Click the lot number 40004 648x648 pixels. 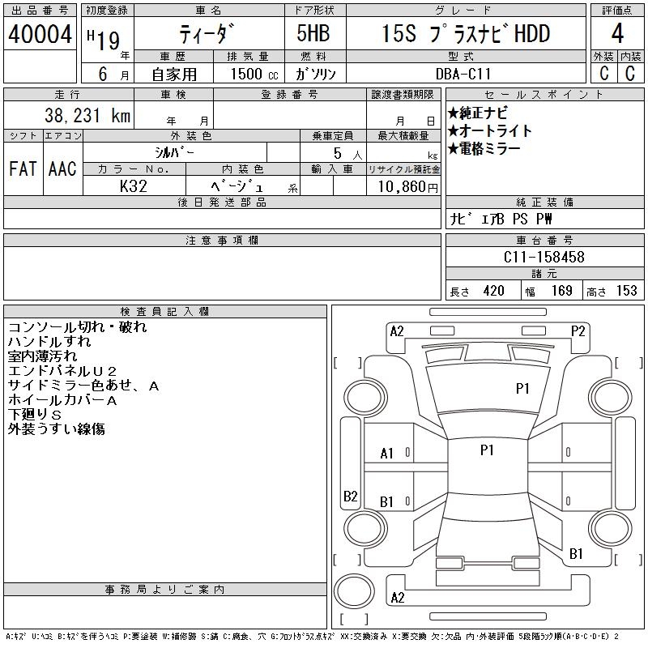click(40, 34)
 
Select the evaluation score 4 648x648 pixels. click(617, 33)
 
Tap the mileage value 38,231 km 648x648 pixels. click(87, 115)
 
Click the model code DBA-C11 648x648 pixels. click(463, 74)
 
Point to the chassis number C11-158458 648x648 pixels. click(544, 257)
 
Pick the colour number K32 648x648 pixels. click(134, 186)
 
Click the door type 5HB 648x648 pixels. click(313, 33)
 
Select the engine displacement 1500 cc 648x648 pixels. click(254, 74)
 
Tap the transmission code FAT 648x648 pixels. click(23, 168)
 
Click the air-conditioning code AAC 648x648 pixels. click(62, 168)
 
